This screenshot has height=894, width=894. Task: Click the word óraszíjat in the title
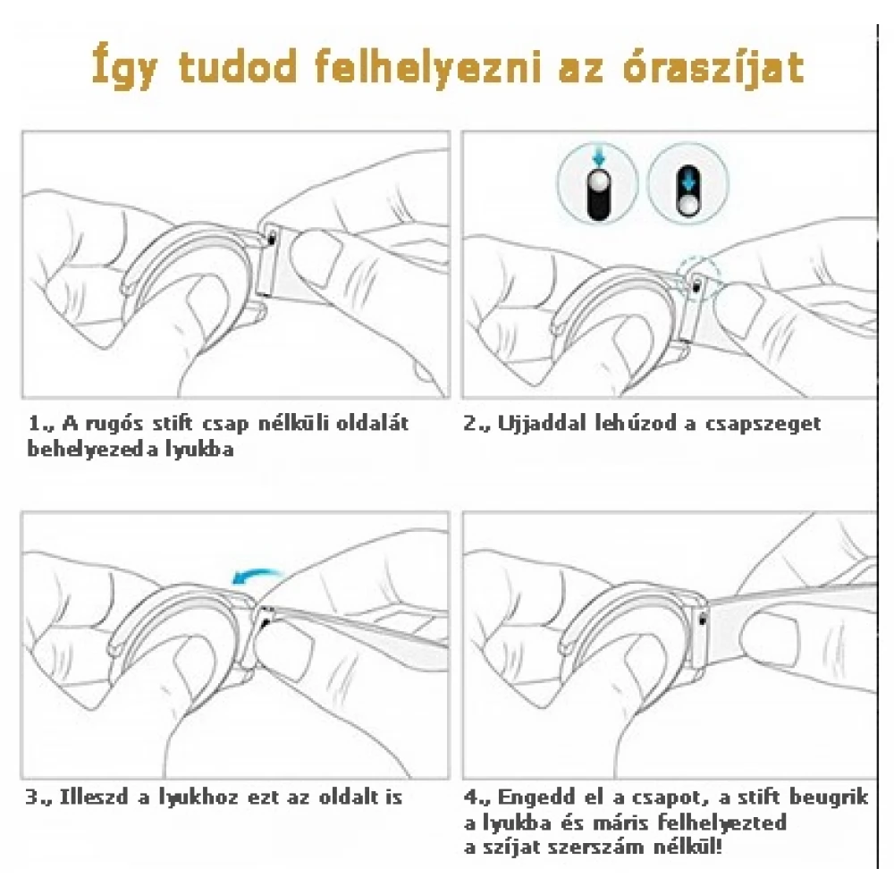[713, 68]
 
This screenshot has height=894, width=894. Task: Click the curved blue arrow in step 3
[257, 576]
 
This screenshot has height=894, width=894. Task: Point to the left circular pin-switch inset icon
[597, 183]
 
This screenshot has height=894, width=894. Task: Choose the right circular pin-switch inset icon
[688, 183]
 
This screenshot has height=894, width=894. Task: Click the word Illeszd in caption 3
[94, 797]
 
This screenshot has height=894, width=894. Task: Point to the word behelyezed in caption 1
[87, 450]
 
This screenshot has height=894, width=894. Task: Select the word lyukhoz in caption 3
[198, 797]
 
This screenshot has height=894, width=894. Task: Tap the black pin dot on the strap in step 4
[702, 620]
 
